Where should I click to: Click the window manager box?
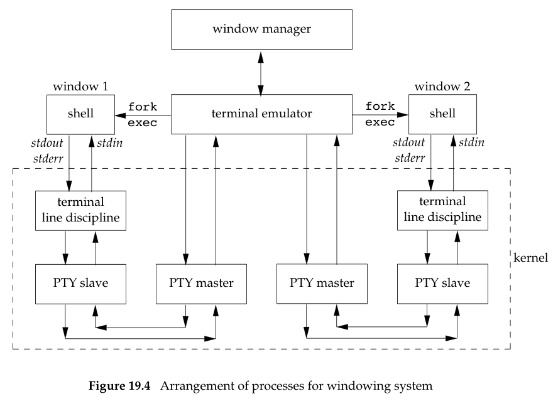pos(261,29)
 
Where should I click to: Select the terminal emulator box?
pos(261,114)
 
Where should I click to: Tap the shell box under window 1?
pos(80,114)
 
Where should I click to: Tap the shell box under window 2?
pos(442,114)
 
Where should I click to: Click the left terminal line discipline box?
pos(80,210)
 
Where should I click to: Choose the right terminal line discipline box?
pos(442,210)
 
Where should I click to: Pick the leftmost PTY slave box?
pos(80,283)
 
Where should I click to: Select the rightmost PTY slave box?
pos(442,283)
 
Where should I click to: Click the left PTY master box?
pos(201,283)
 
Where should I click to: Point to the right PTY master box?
pos(322,283)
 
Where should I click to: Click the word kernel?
pos(533,258)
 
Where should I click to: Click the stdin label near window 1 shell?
pos(110,143)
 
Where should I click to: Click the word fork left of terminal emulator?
pos(143,107)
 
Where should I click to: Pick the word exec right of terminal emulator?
pos(380,122)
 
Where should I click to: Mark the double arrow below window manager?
pos(261,72)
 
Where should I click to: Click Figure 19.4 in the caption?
pos(120,387)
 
